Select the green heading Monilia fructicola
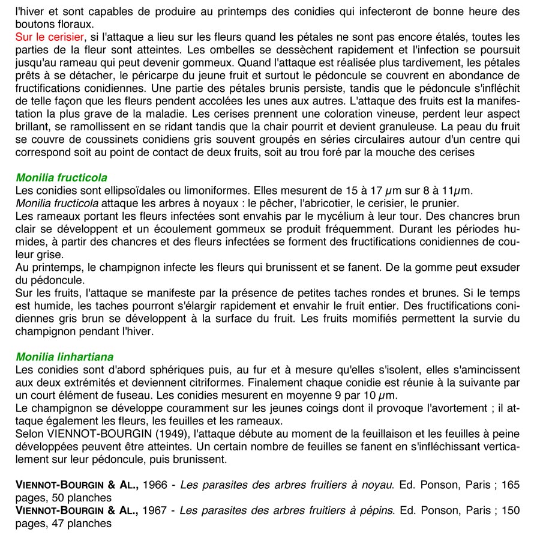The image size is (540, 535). (62, 178)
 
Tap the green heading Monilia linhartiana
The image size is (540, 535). (64, 357)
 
